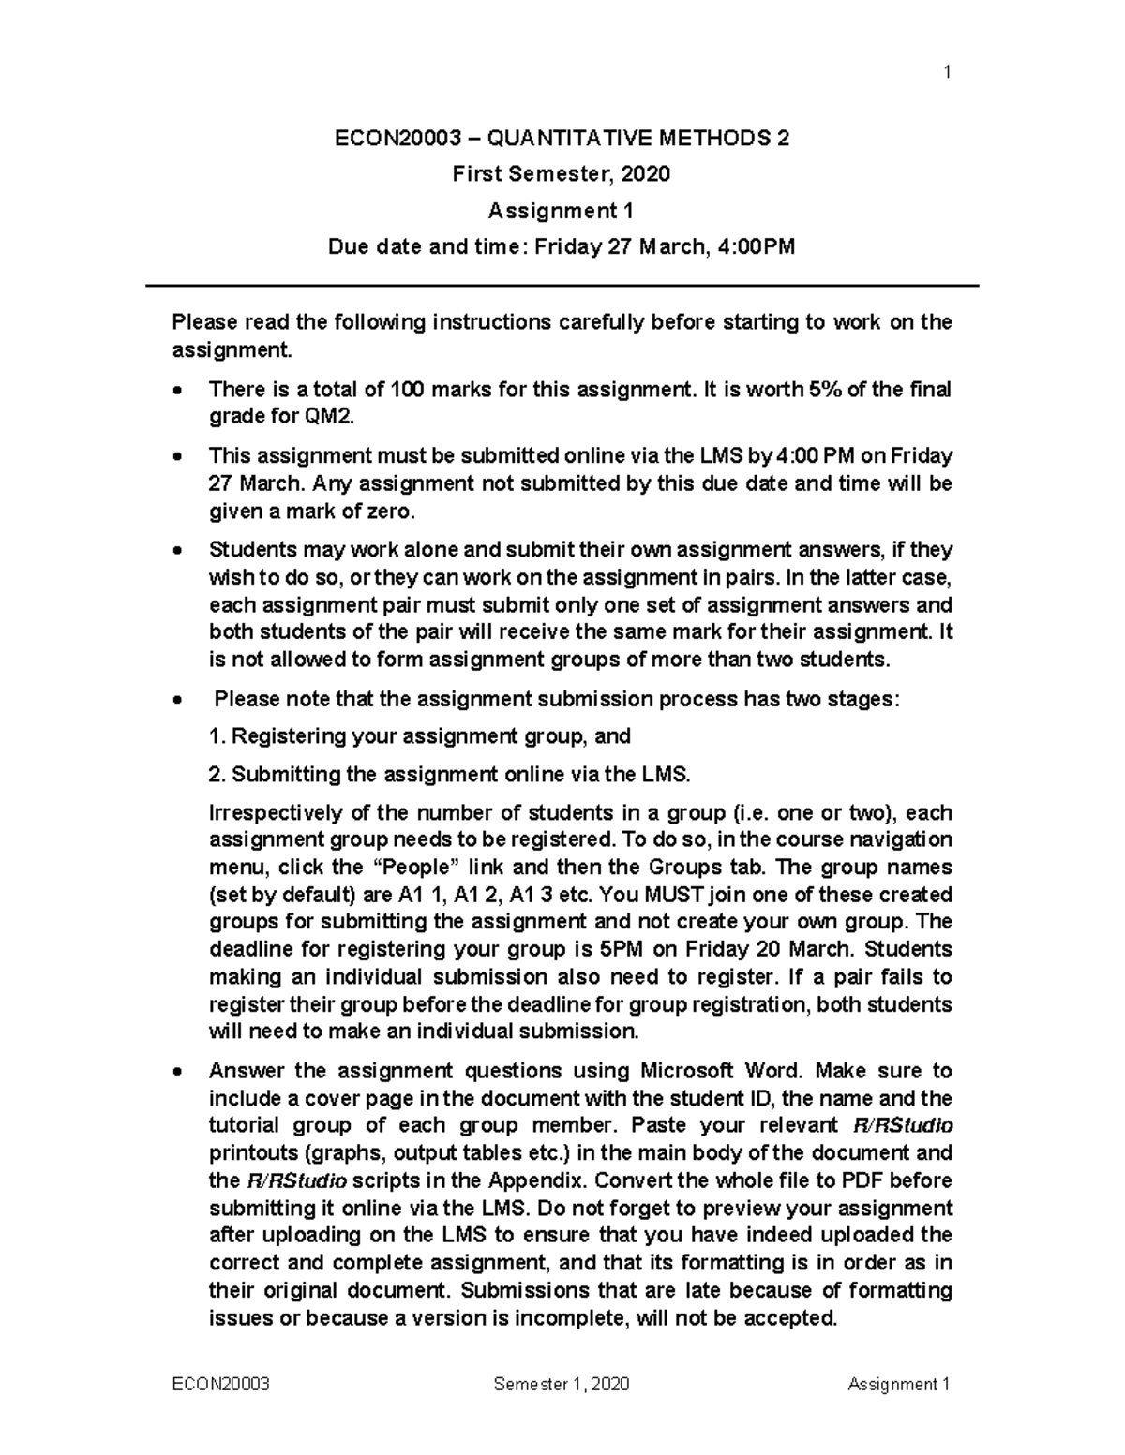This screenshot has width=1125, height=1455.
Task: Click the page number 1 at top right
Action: point(948,72)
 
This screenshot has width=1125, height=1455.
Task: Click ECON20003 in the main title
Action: point(398,139)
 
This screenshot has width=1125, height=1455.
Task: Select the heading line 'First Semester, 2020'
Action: point(562,174)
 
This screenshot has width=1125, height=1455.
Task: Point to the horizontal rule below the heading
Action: point(562,285)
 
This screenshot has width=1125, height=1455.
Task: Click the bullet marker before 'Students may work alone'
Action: point(178,551)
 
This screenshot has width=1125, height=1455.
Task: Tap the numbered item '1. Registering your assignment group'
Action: point(419,736)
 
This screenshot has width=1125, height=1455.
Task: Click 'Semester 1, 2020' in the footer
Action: point(562,1385)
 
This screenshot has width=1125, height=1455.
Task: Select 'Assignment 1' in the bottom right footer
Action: point(898,1385)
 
